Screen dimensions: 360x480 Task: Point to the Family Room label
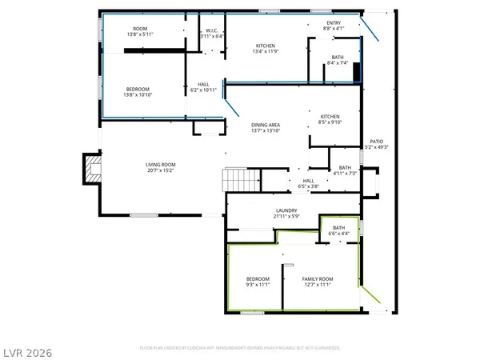(x=317, y=279)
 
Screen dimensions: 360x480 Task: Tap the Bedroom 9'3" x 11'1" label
(x=258, y=279)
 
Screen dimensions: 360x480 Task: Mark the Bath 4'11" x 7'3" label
(x=345, y=170)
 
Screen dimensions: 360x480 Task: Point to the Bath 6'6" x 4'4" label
(x=339, y=230)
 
